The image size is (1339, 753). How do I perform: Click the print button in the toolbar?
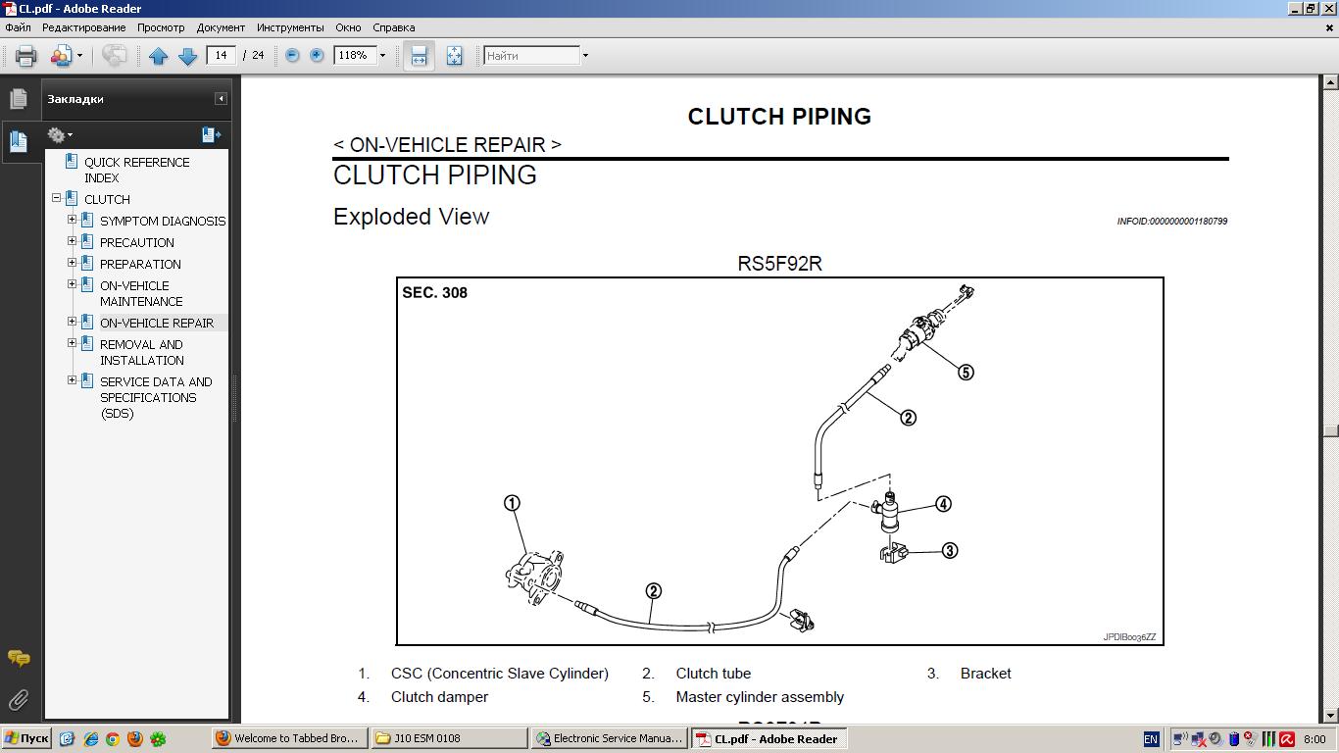pos(26,56)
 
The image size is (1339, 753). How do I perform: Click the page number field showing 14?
pos(222,56)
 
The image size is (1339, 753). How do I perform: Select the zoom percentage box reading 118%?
pos(354,56)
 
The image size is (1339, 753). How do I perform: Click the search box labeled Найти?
pos(531,56)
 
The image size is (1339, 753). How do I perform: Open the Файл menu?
pos(18,27)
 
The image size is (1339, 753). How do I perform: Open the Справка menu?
pos(393,27)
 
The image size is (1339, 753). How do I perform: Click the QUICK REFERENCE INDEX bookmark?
pos(136,170)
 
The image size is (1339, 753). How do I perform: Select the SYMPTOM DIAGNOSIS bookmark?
pos(162,221)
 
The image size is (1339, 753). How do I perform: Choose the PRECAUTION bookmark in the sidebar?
pos(136,242)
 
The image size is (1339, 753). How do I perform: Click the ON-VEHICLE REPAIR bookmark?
pos(156,323)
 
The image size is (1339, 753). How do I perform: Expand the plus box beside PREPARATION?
pos(72,263)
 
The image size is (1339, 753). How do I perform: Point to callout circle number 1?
pos(512,503)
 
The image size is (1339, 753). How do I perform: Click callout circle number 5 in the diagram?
pos(966,373)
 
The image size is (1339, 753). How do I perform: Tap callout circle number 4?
pos(943,504)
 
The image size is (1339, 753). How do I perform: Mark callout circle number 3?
pos(949,551)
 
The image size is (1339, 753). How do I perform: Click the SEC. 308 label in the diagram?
pos(434,293)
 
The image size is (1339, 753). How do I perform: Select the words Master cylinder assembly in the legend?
pos(760,697)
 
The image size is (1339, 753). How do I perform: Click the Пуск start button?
pos(26,739)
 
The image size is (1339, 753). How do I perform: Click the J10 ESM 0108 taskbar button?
pos(449,739)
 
